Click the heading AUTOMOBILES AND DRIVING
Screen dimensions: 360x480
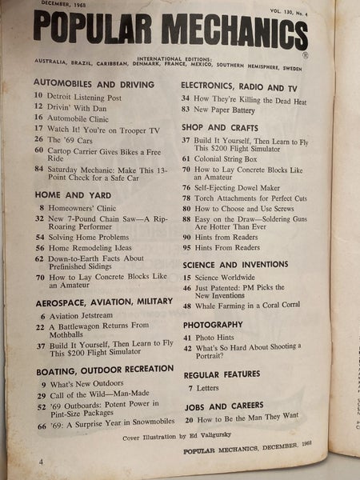click(x=93, y=82)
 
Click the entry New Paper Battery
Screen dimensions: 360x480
click(x=237, y=108)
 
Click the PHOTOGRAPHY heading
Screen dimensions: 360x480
click(x=212, y=325)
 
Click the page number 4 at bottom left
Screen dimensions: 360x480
click(x=18, y=462)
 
